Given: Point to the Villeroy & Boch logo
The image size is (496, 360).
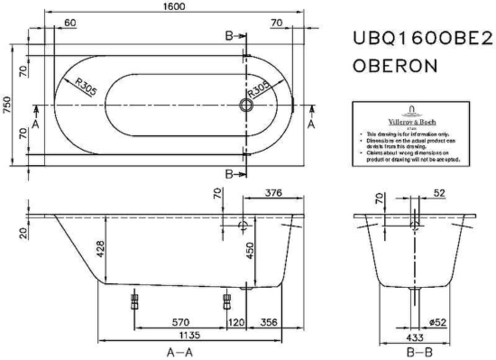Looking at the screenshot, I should [x=412, y=115].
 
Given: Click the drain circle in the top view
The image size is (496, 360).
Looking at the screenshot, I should [x=245, y=105].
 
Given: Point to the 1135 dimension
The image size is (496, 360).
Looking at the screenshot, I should [x=161, y=333].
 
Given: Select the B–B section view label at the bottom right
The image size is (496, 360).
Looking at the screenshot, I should [x=417, y=352].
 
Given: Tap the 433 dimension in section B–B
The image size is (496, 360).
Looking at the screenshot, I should [x=416, y=333].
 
